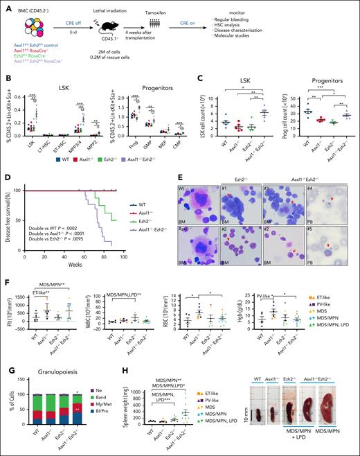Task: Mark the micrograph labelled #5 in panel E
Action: (332, 254)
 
